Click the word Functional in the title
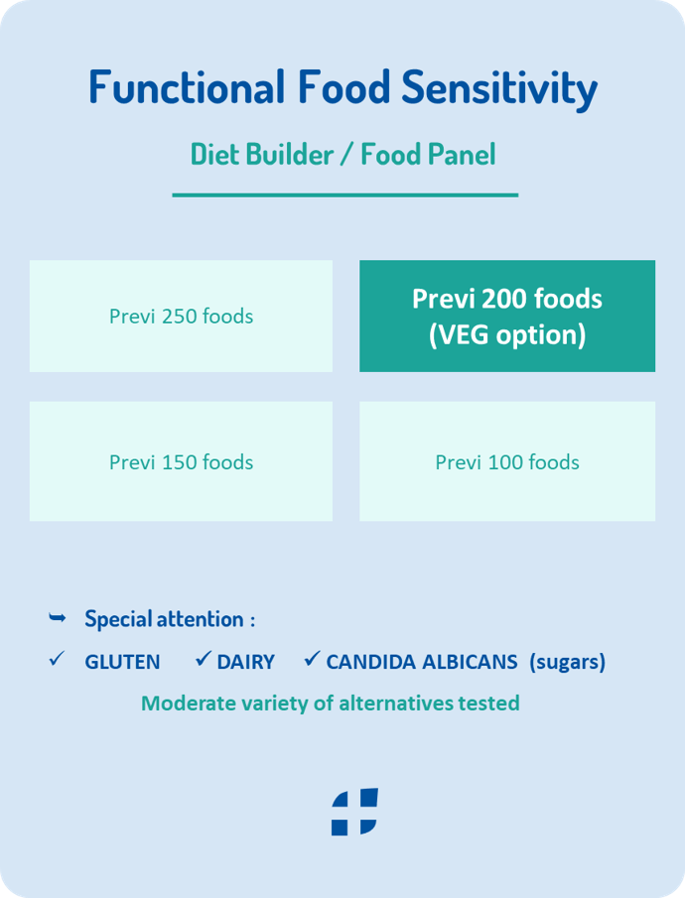(x=187, y=87)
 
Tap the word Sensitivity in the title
(x=499, y=89)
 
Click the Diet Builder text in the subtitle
(x=262, y=154)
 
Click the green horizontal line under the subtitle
(x=345, y=195)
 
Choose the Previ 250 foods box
(x=181, y=317)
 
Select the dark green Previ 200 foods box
(x=507, y=317)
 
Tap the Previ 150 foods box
(x=181, y=461)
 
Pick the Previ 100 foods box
(x=507, y=461)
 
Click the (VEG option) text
(x=507, y=335)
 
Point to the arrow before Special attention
(x=58, y=617)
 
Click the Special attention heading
(x=170, y=619)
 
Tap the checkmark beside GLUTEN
(x=57, y=659)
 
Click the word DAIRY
(x=246, y=662)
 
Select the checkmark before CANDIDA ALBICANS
(x=312, y=659)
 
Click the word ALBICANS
(x=470, y=662)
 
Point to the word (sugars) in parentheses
(x=568, y=663)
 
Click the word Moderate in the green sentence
(x=184, y=704)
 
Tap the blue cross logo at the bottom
(x=354, y=812)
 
